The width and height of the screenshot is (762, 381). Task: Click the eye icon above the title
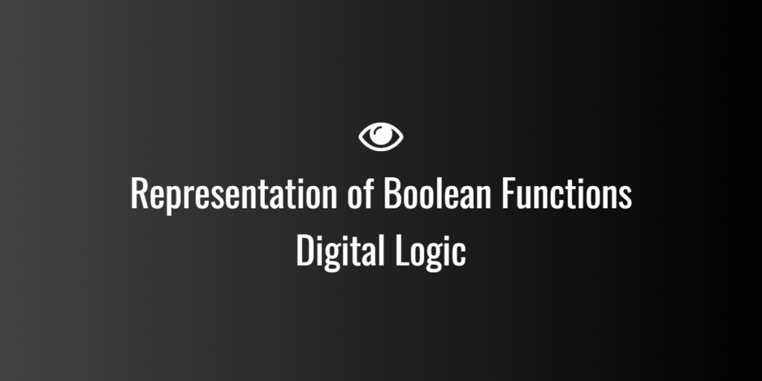tap(381, 136)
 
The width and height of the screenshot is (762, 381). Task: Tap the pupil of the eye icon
tap(381, 136)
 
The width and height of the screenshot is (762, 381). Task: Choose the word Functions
tap(566, 194)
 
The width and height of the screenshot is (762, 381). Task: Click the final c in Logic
tap(459, 254)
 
